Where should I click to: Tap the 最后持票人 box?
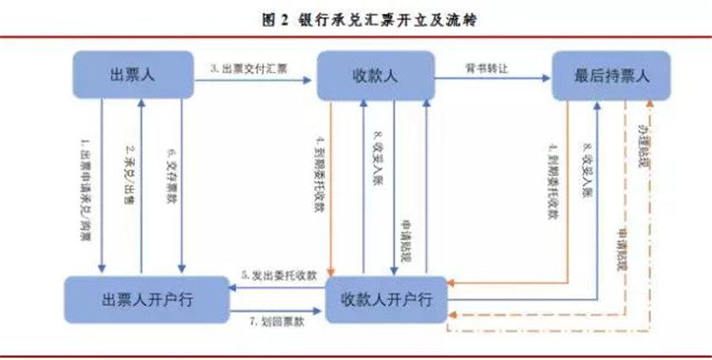pyautogui.click(x=610, y=77)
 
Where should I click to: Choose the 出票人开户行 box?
pyautogui.click(x=140, y=300)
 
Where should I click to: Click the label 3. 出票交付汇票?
pyautogui.click(x=249, y=67)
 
